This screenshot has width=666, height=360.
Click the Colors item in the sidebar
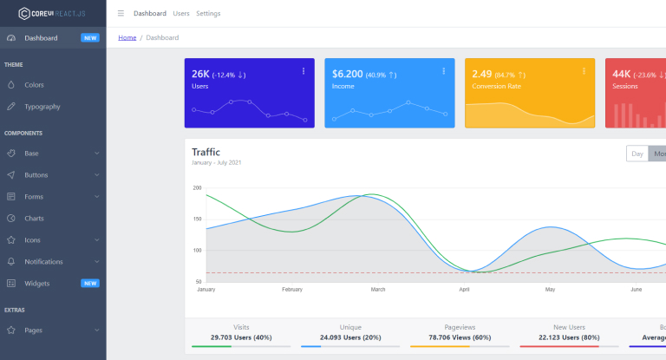(x=34, y=85)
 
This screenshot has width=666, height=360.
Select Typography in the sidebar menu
(x=42, y=107)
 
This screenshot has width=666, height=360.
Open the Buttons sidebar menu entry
(x=36, y=174)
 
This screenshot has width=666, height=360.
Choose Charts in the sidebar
(x=34, y=219)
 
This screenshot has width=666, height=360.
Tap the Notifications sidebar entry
(x=43, y=261)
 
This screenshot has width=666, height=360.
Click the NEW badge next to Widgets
(x=90, y=283)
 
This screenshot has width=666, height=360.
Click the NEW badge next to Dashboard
(x=90, y=38)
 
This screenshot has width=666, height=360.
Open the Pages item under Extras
(x=33, y=331)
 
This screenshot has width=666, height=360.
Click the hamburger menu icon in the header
(x=121, y=14)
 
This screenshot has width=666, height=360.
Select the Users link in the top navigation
(x=181, y=14)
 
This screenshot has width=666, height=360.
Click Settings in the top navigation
(x=208, y=14)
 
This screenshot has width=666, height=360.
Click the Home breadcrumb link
(x=127, y=37)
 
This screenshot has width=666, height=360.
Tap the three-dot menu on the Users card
(x=304, y=71)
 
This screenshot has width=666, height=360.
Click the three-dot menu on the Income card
(x=443, y=71)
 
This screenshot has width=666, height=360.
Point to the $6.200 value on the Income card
(x=347, y=74)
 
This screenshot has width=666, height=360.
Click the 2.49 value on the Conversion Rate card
(x=482, y=74)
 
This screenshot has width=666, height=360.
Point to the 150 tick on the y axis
(x=197, y=219)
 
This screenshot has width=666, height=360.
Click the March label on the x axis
(x=377, y=289)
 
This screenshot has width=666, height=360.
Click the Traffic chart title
(x=206, y=152)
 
